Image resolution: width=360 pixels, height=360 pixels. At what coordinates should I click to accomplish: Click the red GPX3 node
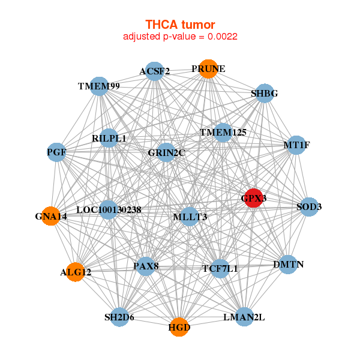254,198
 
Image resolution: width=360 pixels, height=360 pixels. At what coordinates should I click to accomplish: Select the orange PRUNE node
208,69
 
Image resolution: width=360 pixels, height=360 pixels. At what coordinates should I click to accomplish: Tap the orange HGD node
179,327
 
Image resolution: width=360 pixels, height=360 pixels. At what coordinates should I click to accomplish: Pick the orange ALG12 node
76,272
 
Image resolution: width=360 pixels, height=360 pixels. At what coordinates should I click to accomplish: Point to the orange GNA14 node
51,216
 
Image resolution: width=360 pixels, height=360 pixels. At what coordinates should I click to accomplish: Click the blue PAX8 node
146,265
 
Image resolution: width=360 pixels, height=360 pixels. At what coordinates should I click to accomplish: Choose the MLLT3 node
189,216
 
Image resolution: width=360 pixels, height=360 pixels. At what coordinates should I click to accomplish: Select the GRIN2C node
166,152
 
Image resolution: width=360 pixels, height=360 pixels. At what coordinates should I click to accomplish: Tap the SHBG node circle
264,93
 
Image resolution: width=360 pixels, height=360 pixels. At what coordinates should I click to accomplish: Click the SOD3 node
309,207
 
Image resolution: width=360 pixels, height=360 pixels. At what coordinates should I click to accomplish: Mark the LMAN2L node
244,316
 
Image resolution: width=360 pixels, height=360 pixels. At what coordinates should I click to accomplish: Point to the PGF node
56,152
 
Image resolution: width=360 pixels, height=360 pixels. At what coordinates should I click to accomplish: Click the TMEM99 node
99,86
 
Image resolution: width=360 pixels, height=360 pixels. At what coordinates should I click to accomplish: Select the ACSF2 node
155,71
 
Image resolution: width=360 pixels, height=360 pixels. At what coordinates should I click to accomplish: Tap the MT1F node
296,145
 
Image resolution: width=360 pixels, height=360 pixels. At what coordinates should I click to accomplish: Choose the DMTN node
289,265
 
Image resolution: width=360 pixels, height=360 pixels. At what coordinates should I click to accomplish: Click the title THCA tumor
180,25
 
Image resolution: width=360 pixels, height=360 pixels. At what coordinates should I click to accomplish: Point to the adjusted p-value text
180,37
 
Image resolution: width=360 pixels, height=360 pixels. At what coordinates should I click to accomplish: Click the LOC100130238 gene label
109,210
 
